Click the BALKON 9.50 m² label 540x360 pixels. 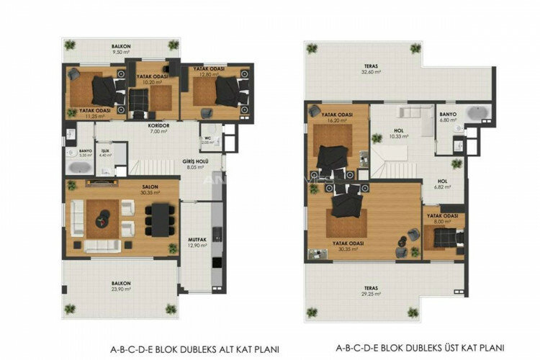click(120, 49)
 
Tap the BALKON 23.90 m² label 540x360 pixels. click(120, 287)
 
